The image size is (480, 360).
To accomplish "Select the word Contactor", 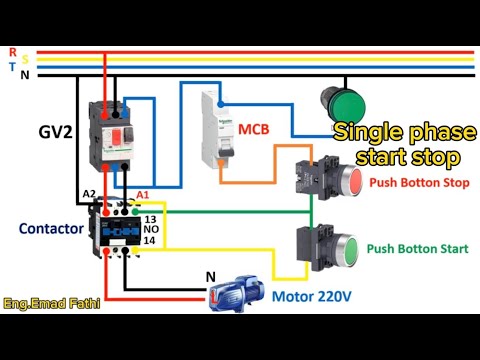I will tap(51, 229).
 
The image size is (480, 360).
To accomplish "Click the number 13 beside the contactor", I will tap(150, 217).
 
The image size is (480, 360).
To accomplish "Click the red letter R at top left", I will tap(11, 50).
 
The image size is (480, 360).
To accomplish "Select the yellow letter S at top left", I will tap(24, 58).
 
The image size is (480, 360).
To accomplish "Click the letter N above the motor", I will tap(209, 276).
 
